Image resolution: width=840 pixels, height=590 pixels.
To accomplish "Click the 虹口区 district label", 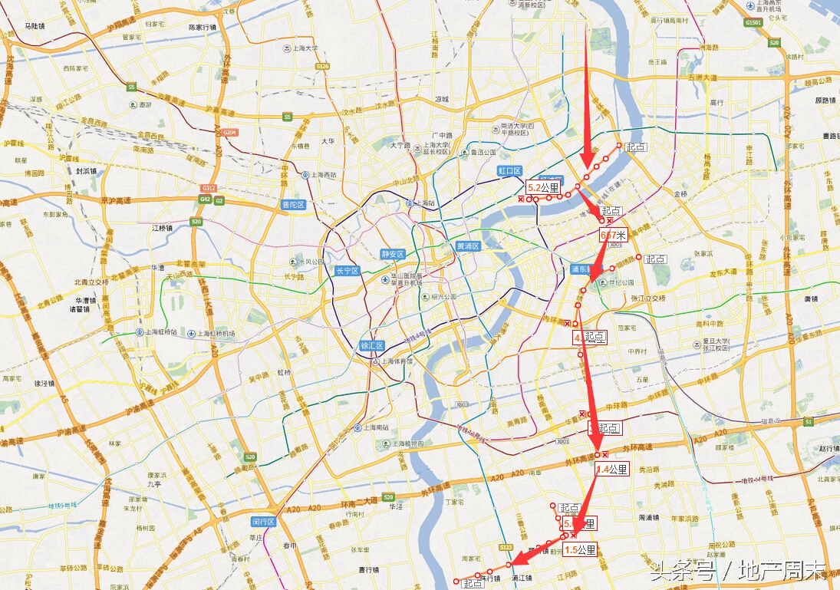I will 509,171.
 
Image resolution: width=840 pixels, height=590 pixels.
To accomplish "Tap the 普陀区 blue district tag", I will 293,205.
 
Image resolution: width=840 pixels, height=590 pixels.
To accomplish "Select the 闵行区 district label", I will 263,522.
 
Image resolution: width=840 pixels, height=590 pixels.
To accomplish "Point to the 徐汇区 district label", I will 371,346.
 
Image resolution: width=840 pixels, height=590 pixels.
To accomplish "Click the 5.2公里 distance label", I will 544,187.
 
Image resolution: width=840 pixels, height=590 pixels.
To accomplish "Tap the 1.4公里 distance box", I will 612,470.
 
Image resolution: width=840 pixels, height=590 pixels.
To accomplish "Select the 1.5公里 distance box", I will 580,550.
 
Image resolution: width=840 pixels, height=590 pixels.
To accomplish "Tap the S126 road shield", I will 322,67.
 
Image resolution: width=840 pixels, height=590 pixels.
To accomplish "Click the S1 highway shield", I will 808,422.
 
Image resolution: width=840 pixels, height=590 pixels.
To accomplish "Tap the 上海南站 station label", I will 371,428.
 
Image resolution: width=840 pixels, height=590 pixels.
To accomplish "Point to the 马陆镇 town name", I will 35,26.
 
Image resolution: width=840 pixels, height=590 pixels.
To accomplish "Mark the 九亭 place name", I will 153,484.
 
